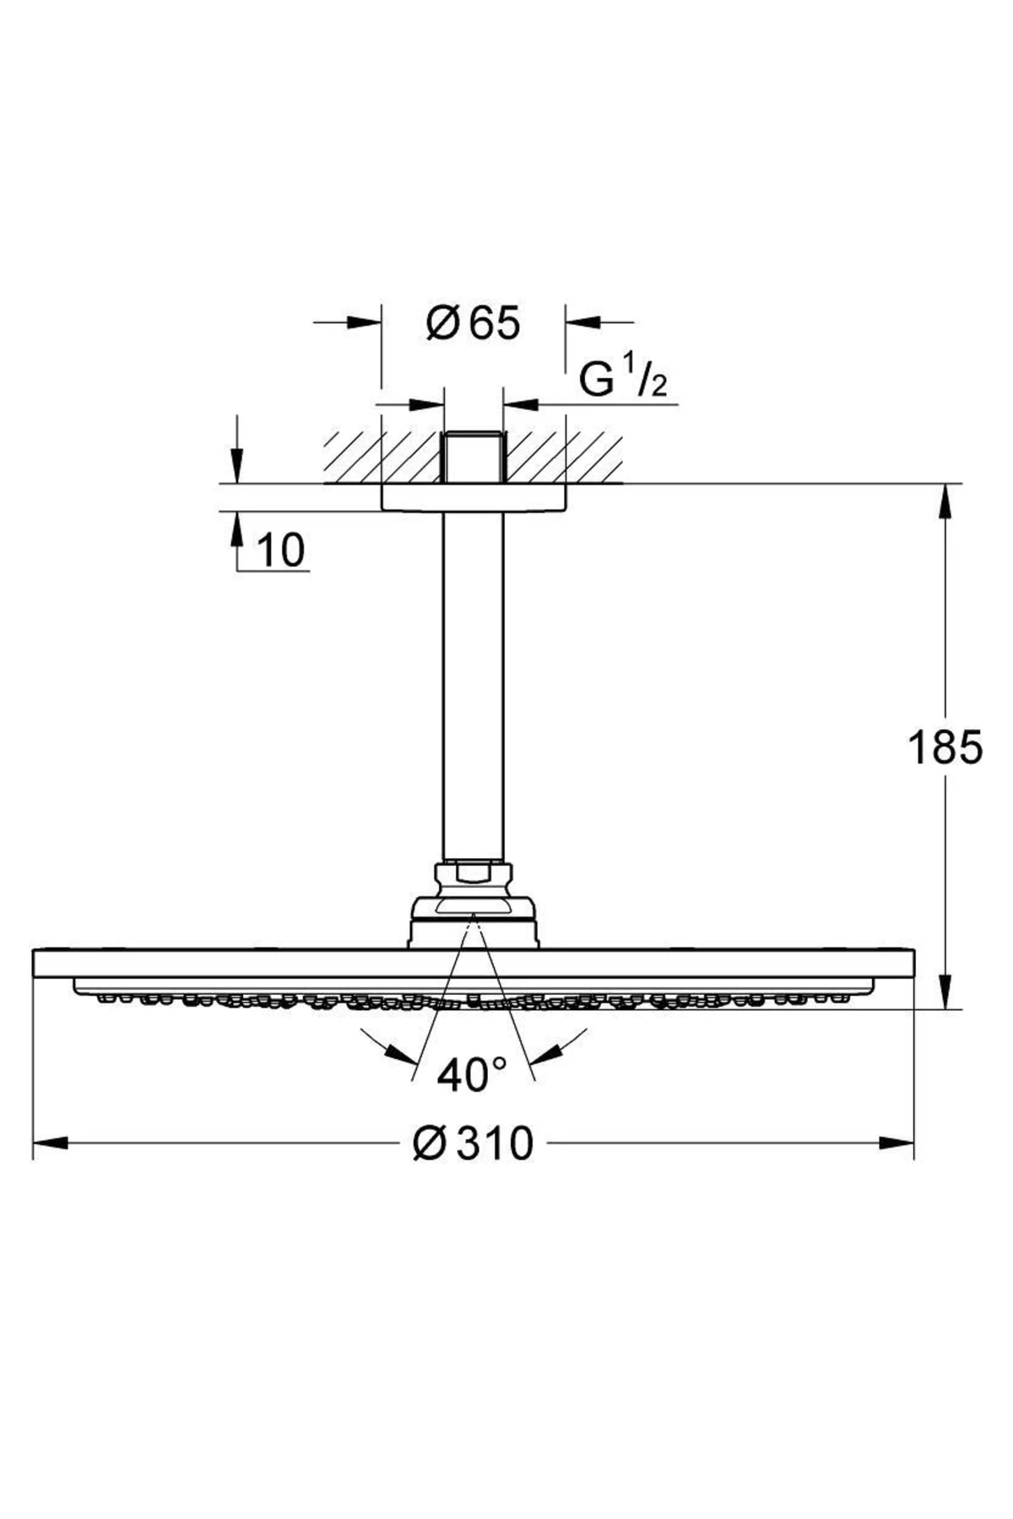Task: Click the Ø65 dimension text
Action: [x=474, y=323]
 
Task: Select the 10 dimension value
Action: [x=279, y=550]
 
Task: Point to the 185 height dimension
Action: [x=945, y=747]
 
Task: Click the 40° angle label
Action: [x=472, y=1074]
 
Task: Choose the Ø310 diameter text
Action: [x=474, y=1143]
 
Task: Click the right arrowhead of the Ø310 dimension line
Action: [x=897, y=1143]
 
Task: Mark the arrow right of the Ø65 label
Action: [x=582, y=322]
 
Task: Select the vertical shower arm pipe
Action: [x=473, y=684]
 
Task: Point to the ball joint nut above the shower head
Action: [x=473, y=874]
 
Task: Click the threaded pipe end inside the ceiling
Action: [x=473, y=457]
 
